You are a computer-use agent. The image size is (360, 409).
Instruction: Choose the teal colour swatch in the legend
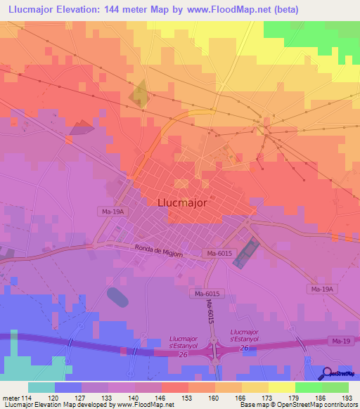pyautogui.click(x=41, y=387)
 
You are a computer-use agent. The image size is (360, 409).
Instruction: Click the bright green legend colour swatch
pyautogui.click(x=309, y=387)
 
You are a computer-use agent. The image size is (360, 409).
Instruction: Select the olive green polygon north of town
pyautogui.click(x=139, y=94)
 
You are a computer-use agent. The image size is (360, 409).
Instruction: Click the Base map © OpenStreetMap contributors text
pyautogui.click(x=297, y=405)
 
